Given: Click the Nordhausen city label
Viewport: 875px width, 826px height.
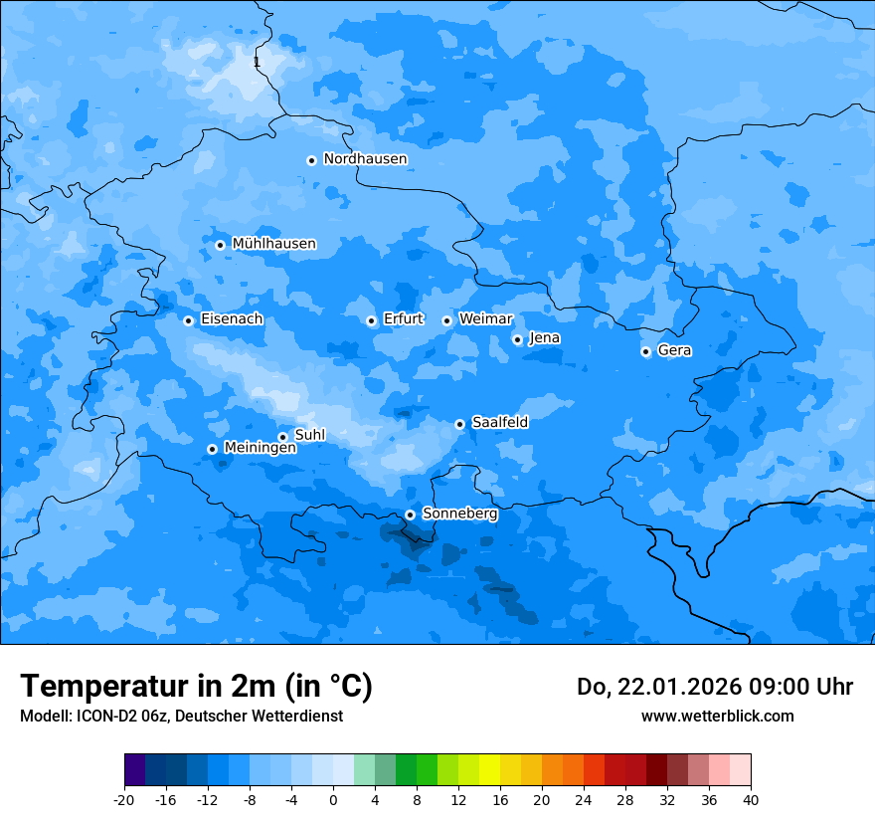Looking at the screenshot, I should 365,159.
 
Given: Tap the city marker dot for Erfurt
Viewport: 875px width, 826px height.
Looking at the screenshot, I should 371,320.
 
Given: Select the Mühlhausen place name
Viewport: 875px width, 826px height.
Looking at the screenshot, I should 273,244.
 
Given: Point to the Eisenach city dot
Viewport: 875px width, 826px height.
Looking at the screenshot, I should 188,320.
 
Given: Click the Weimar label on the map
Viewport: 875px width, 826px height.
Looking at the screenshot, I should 485,319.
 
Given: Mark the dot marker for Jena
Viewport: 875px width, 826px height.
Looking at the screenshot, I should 517,339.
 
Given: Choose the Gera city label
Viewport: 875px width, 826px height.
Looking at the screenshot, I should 674,350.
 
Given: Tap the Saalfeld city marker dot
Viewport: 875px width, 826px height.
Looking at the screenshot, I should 459,424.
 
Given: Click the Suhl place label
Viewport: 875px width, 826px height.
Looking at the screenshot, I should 309,435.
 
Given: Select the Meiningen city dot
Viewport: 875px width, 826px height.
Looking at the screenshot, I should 212,449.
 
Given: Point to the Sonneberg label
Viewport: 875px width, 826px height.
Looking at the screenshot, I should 459,514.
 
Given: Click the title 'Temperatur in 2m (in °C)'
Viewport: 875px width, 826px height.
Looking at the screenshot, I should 196,687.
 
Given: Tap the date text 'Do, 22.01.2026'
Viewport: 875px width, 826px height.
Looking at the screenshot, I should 642,687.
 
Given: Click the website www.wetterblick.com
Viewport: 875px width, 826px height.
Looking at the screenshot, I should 717,717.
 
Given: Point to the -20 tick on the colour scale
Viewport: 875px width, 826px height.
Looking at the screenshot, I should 124,799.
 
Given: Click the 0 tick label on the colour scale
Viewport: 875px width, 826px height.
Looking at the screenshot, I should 333,799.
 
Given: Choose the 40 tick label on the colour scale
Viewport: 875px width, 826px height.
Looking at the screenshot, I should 750,799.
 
